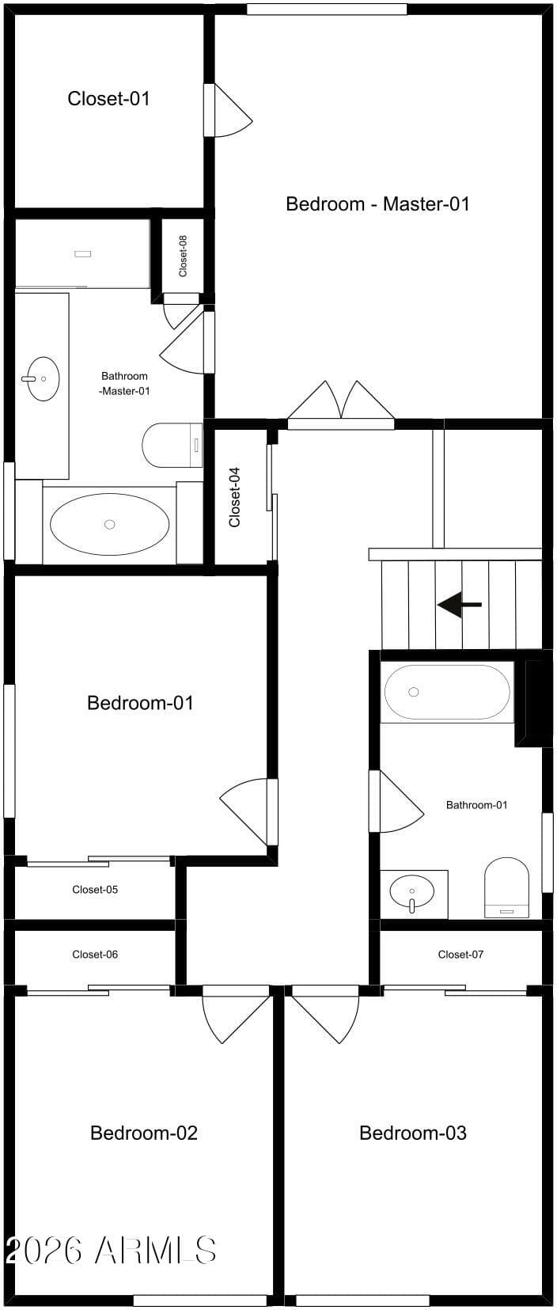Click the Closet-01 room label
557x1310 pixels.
pyautogui.click(x=108, y=98)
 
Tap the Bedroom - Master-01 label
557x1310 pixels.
pyautogui.click(x=377, y=203)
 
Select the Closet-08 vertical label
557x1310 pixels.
pyautogui.click(x=183, y=256)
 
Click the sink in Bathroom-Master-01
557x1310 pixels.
pyautogui.click(x=43, y=379)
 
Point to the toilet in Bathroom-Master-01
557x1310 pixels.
pyautogui.click(x=172, y=445)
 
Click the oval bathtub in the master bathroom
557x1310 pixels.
pyautogui.click(x=110, y=524)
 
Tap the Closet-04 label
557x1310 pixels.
pyautogui.click(x=234, y=497)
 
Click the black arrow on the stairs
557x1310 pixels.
pyautogui.click(x=460, y=604)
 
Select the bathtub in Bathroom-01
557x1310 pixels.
pyautogui.click(x=447, y=693)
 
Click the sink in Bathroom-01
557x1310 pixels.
pyautogui.click(x=412, y=892)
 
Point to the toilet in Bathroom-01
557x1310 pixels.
pyautogui.click(x=506, y=887)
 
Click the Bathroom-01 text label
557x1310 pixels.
pyautogui.click(x=477, y=805)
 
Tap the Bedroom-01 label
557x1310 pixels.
pyautogui.click(x=140, y=702)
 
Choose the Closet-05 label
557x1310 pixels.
pyautogui.click(x=95, y=889)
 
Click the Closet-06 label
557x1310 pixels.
pyautogui.click(x=95, y=954)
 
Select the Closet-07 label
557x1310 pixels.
pyautogui.click(x=460, y=954)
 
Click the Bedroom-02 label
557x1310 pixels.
pyautogui.click(x=144, y=1133)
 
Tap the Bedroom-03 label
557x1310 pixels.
pyautogui.click(x=413, y=1133)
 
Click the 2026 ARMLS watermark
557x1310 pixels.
pyautogui.click(x=111, y=1251)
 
